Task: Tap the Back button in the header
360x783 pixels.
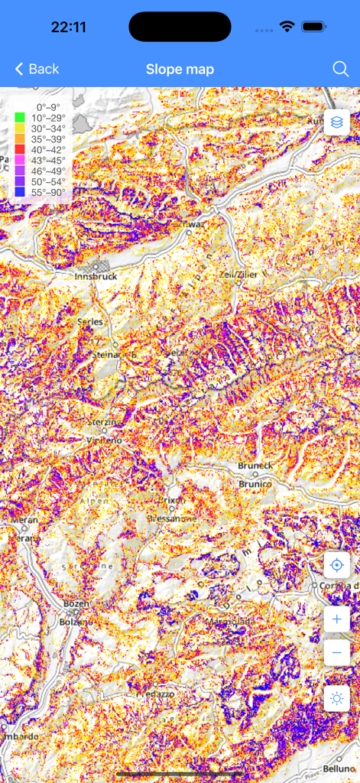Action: point(37,69)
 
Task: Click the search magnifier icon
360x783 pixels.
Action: point(341,69)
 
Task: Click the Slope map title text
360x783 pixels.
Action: point(180,70)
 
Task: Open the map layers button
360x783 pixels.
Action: point(337,122)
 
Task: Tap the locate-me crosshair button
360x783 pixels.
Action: point(337,566)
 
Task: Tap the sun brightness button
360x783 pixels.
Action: point(337,698)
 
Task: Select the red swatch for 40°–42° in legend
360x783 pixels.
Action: point(19,150)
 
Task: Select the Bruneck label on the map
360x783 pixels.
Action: point(255,466)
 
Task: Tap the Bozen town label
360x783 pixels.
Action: point(76,603)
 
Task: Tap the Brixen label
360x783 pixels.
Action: point(173,500)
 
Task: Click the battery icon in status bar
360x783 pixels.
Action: point(314,27)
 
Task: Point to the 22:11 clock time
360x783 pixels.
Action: point(68,28)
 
